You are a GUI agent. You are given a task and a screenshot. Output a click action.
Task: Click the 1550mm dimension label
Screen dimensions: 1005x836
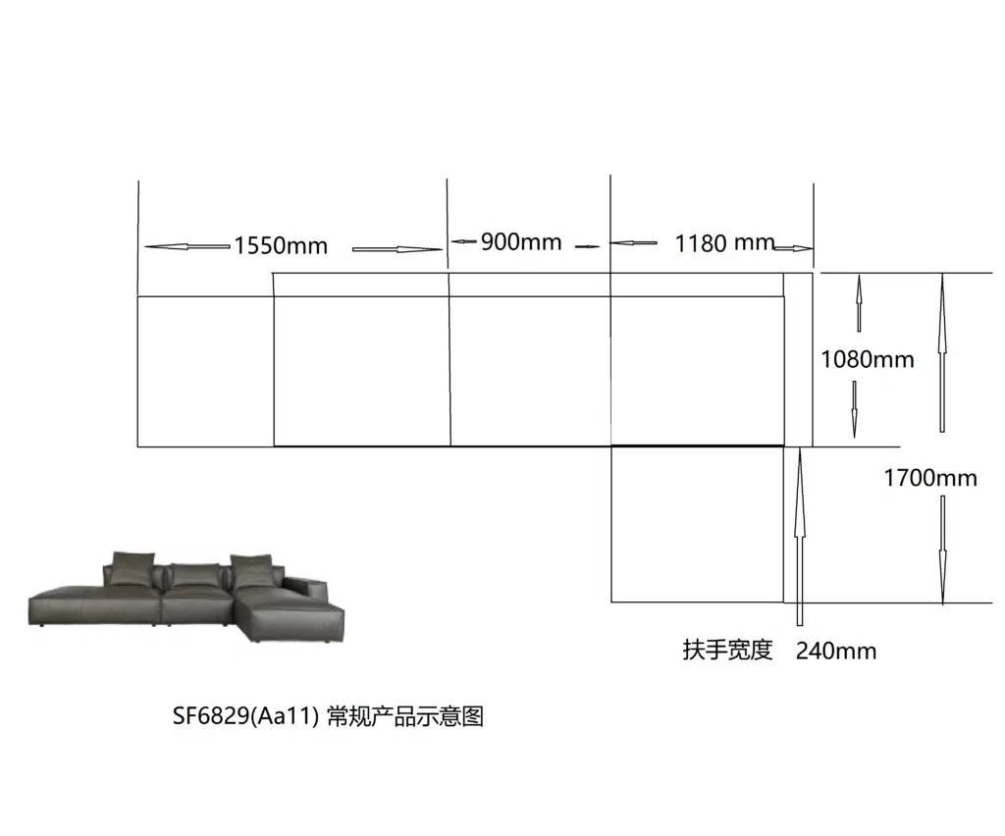tap(281, 245)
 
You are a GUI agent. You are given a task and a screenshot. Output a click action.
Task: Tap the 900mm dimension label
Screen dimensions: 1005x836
tap(521, 242)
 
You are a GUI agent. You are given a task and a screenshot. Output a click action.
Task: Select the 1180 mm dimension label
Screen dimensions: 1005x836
tap(725, 243)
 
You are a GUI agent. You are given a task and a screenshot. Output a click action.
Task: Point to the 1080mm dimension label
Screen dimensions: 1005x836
tap(868, 359)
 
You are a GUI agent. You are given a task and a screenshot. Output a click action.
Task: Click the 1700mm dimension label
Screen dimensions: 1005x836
tap(930, 478)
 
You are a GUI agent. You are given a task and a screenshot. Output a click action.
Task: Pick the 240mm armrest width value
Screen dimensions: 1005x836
tap(836, 651)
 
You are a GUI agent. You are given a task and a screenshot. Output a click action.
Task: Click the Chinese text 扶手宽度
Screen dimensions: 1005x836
tap(727, 650)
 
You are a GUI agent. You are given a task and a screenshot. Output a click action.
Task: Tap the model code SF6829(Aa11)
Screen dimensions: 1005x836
tap(245, 715)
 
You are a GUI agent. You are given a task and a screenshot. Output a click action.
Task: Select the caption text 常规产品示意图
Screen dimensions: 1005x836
tap(405, 715)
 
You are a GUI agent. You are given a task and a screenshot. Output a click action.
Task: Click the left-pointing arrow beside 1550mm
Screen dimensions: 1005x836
tap(187, 246)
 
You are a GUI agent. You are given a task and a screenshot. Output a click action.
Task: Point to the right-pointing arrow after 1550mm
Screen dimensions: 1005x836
tap(397, 249)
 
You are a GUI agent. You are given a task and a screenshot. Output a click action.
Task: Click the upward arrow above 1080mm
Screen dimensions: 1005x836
tap(859, 303)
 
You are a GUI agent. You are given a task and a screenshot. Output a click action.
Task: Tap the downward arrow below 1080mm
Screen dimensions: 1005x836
tap(855, 409)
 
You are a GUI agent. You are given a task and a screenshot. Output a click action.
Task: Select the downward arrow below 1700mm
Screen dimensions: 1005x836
tap(943, 549)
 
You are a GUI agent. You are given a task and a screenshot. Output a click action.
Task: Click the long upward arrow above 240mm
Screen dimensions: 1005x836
tap(799, 537)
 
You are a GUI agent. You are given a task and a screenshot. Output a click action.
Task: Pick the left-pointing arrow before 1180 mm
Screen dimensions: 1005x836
tap(633, 242)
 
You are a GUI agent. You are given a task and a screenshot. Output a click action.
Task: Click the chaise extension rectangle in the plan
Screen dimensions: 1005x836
tap(698, 524)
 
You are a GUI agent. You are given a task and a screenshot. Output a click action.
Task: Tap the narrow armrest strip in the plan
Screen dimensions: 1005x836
tap(798, 359)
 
